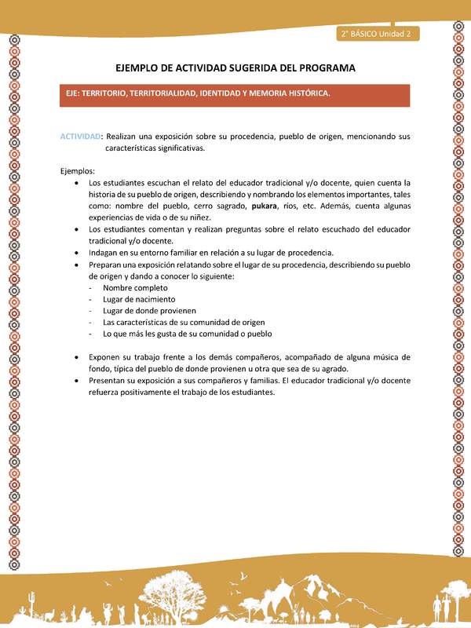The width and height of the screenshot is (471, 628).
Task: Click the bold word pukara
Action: (265, 206)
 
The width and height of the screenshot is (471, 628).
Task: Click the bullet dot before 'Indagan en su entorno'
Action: (75, 253)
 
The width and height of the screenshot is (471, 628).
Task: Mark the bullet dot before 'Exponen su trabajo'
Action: (75, 357)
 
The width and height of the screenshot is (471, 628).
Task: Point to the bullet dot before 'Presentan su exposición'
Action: (75, 381)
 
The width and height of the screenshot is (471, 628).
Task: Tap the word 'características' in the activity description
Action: (133, 148)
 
